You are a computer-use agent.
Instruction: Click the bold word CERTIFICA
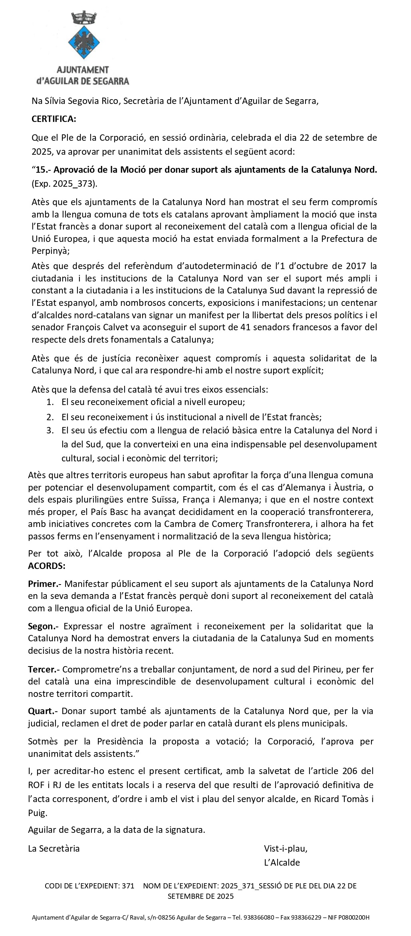(54, 119)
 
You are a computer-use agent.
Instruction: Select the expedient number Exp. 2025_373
(64, 184)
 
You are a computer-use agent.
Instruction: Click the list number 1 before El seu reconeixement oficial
(50, 402)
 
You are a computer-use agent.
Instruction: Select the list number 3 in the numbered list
(50, 431)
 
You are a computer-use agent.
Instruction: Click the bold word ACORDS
(46, 566)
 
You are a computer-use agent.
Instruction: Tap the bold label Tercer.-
(44, 669)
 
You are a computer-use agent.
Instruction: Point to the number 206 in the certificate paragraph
(350, 771)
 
